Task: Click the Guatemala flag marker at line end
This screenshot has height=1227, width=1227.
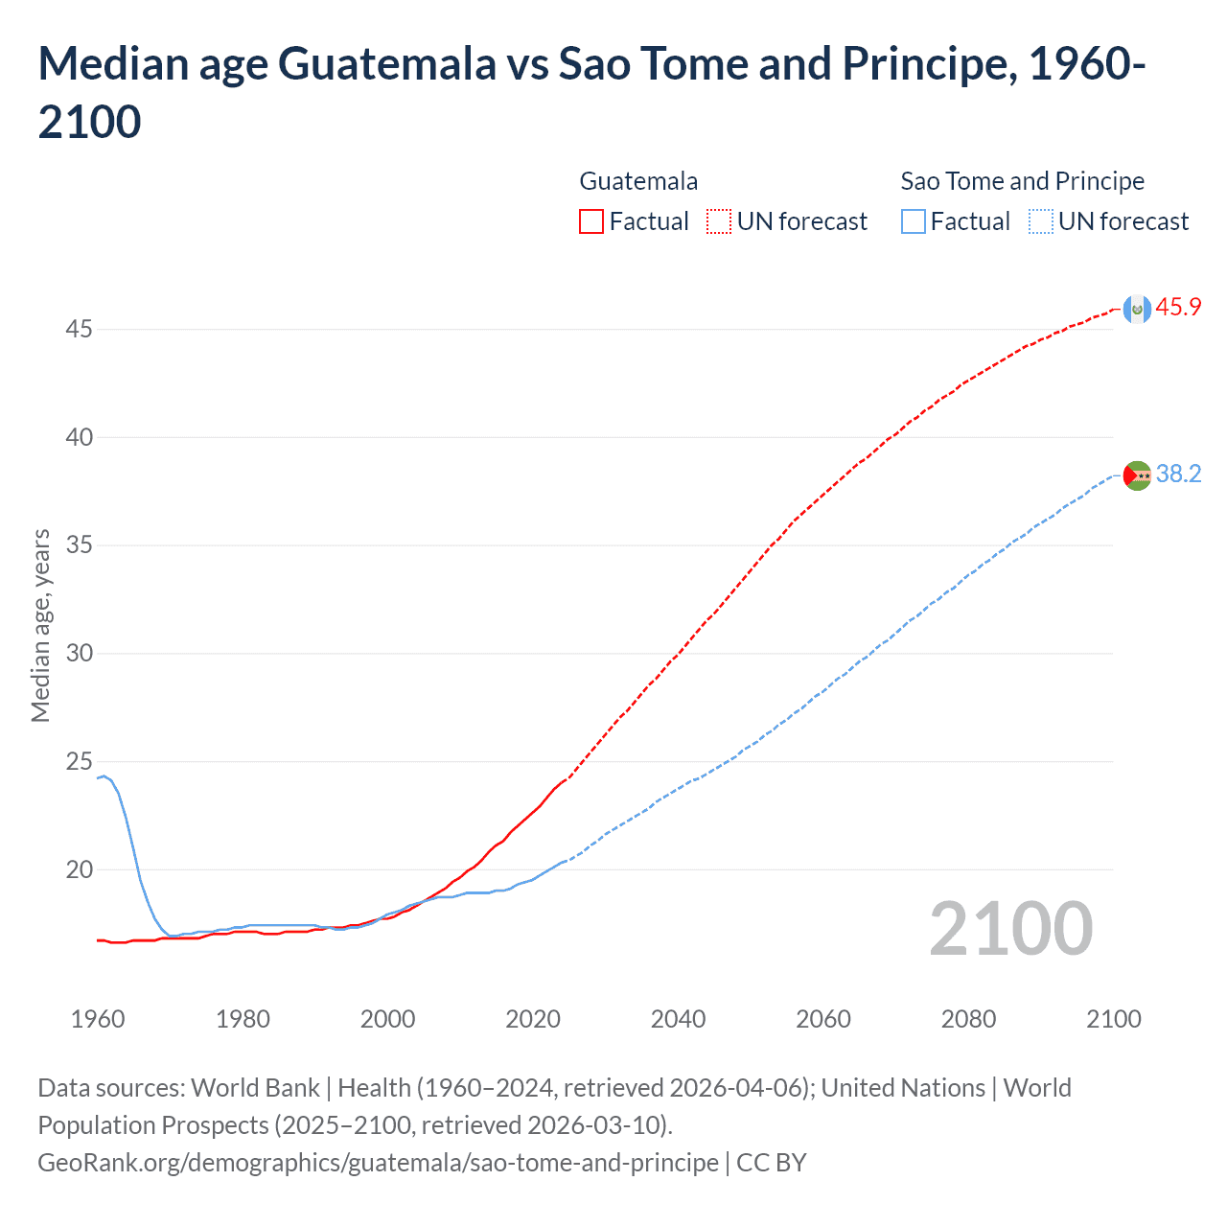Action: tap(1137, 309)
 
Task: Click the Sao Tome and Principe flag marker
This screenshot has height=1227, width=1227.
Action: tap(1137, 475)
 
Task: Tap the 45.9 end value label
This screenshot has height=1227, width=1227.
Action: tap(1178, 307)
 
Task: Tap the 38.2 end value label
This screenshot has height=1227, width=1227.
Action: tap(1178, 474)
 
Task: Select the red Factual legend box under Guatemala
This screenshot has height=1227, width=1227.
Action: tap(591, 221)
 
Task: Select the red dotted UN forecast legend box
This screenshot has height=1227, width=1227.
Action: tap(719, 221)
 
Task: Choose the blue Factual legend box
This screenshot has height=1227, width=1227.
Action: tap(914, 221)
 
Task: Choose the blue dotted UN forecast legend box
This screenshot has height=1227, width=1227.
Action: tap(1040, 221)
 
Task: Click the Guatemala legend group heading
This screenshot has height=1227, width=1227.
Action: tap(638, 181)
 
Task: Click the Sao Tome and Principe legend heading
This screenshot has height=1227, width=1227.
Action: tap(1022, 181)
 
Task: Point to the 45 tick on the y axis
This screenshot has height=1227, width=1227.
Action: tap(79, 329)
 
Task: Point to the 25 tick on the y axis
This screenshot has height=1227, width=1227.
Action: tap(79, 762)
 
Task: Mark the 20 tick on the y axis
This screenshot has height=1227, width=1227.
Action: tap(79, 869)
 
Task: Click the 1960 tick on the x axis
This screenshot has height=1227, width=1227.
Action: tap(98, 1019)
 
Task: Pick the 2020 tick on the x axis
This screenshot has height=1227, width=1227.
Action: tap(533, 1019)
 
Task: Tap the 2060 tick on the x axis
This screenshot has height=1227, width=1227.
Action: tap(823, 1019)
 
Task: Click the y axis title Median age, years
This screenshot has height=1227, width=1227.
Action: tap(40, 625)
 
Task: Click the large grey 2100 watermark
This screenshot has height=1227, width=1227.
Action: tap(1010, 928)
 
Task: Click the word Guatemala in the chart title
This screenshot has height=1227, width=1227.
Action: tap(386, 63)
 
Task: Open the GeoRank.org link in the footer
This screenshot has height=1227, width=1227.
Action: tap(378, 1162)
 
